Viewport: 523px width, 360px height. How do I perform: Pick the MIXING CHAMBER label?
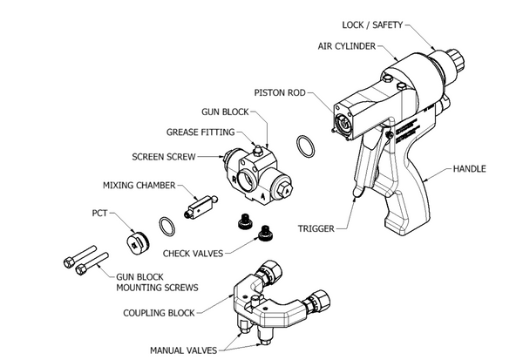(139, 186)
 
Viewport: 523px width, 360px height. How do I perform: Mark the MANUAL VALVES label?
(185, 350)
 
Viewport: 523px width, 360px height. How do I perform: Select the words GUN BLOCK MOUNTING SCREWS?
(157, 281)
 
